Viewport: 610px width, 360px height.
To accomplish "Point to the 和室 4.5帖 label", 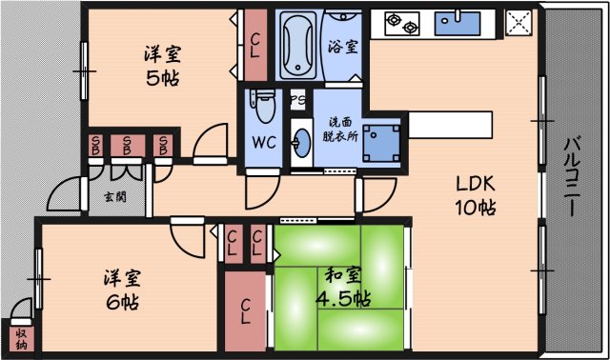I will tap(342, 286).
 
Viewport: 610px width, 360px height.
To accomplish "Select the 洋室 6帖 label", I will tap(122, 290).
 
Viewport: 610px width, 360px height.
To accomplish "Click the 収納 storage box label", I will tap(20, 339).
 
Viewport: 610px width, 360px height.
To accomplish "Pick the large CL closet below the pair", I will tap(245, 311).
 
